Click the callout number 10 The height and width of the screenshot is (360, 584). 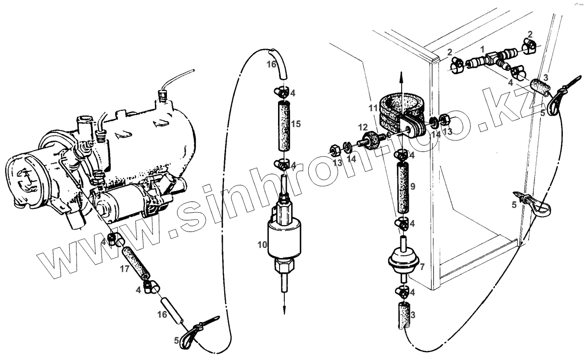coord(262,244)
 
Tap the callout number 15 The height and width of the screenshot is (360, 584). coord(296,124)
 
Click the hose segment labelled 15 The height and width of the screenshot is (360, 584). coord(283,125)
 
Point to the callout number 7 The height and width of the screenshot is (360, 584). coord(422,266)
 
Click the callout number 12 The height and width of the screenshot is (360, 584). coord(363,127)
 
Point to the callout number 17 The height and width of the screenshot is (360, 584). coord(125,270)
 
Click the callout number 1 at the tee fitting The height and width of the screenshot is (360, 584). coord(482,49)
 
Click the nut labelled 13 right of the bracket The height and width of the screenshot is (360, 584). coord(446,118)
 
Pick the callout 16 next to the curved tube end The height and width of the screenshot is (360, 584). coord(272,64)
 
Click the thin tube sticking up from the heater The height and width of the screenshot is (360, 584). coord(178,77)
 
